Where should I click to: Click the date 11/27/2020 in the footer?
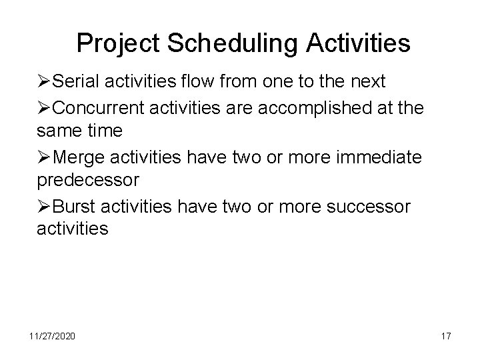pyautogui.click(x=53, y=336)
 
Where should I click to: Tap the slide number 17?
pyautogui.click(x=445, y=336)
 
